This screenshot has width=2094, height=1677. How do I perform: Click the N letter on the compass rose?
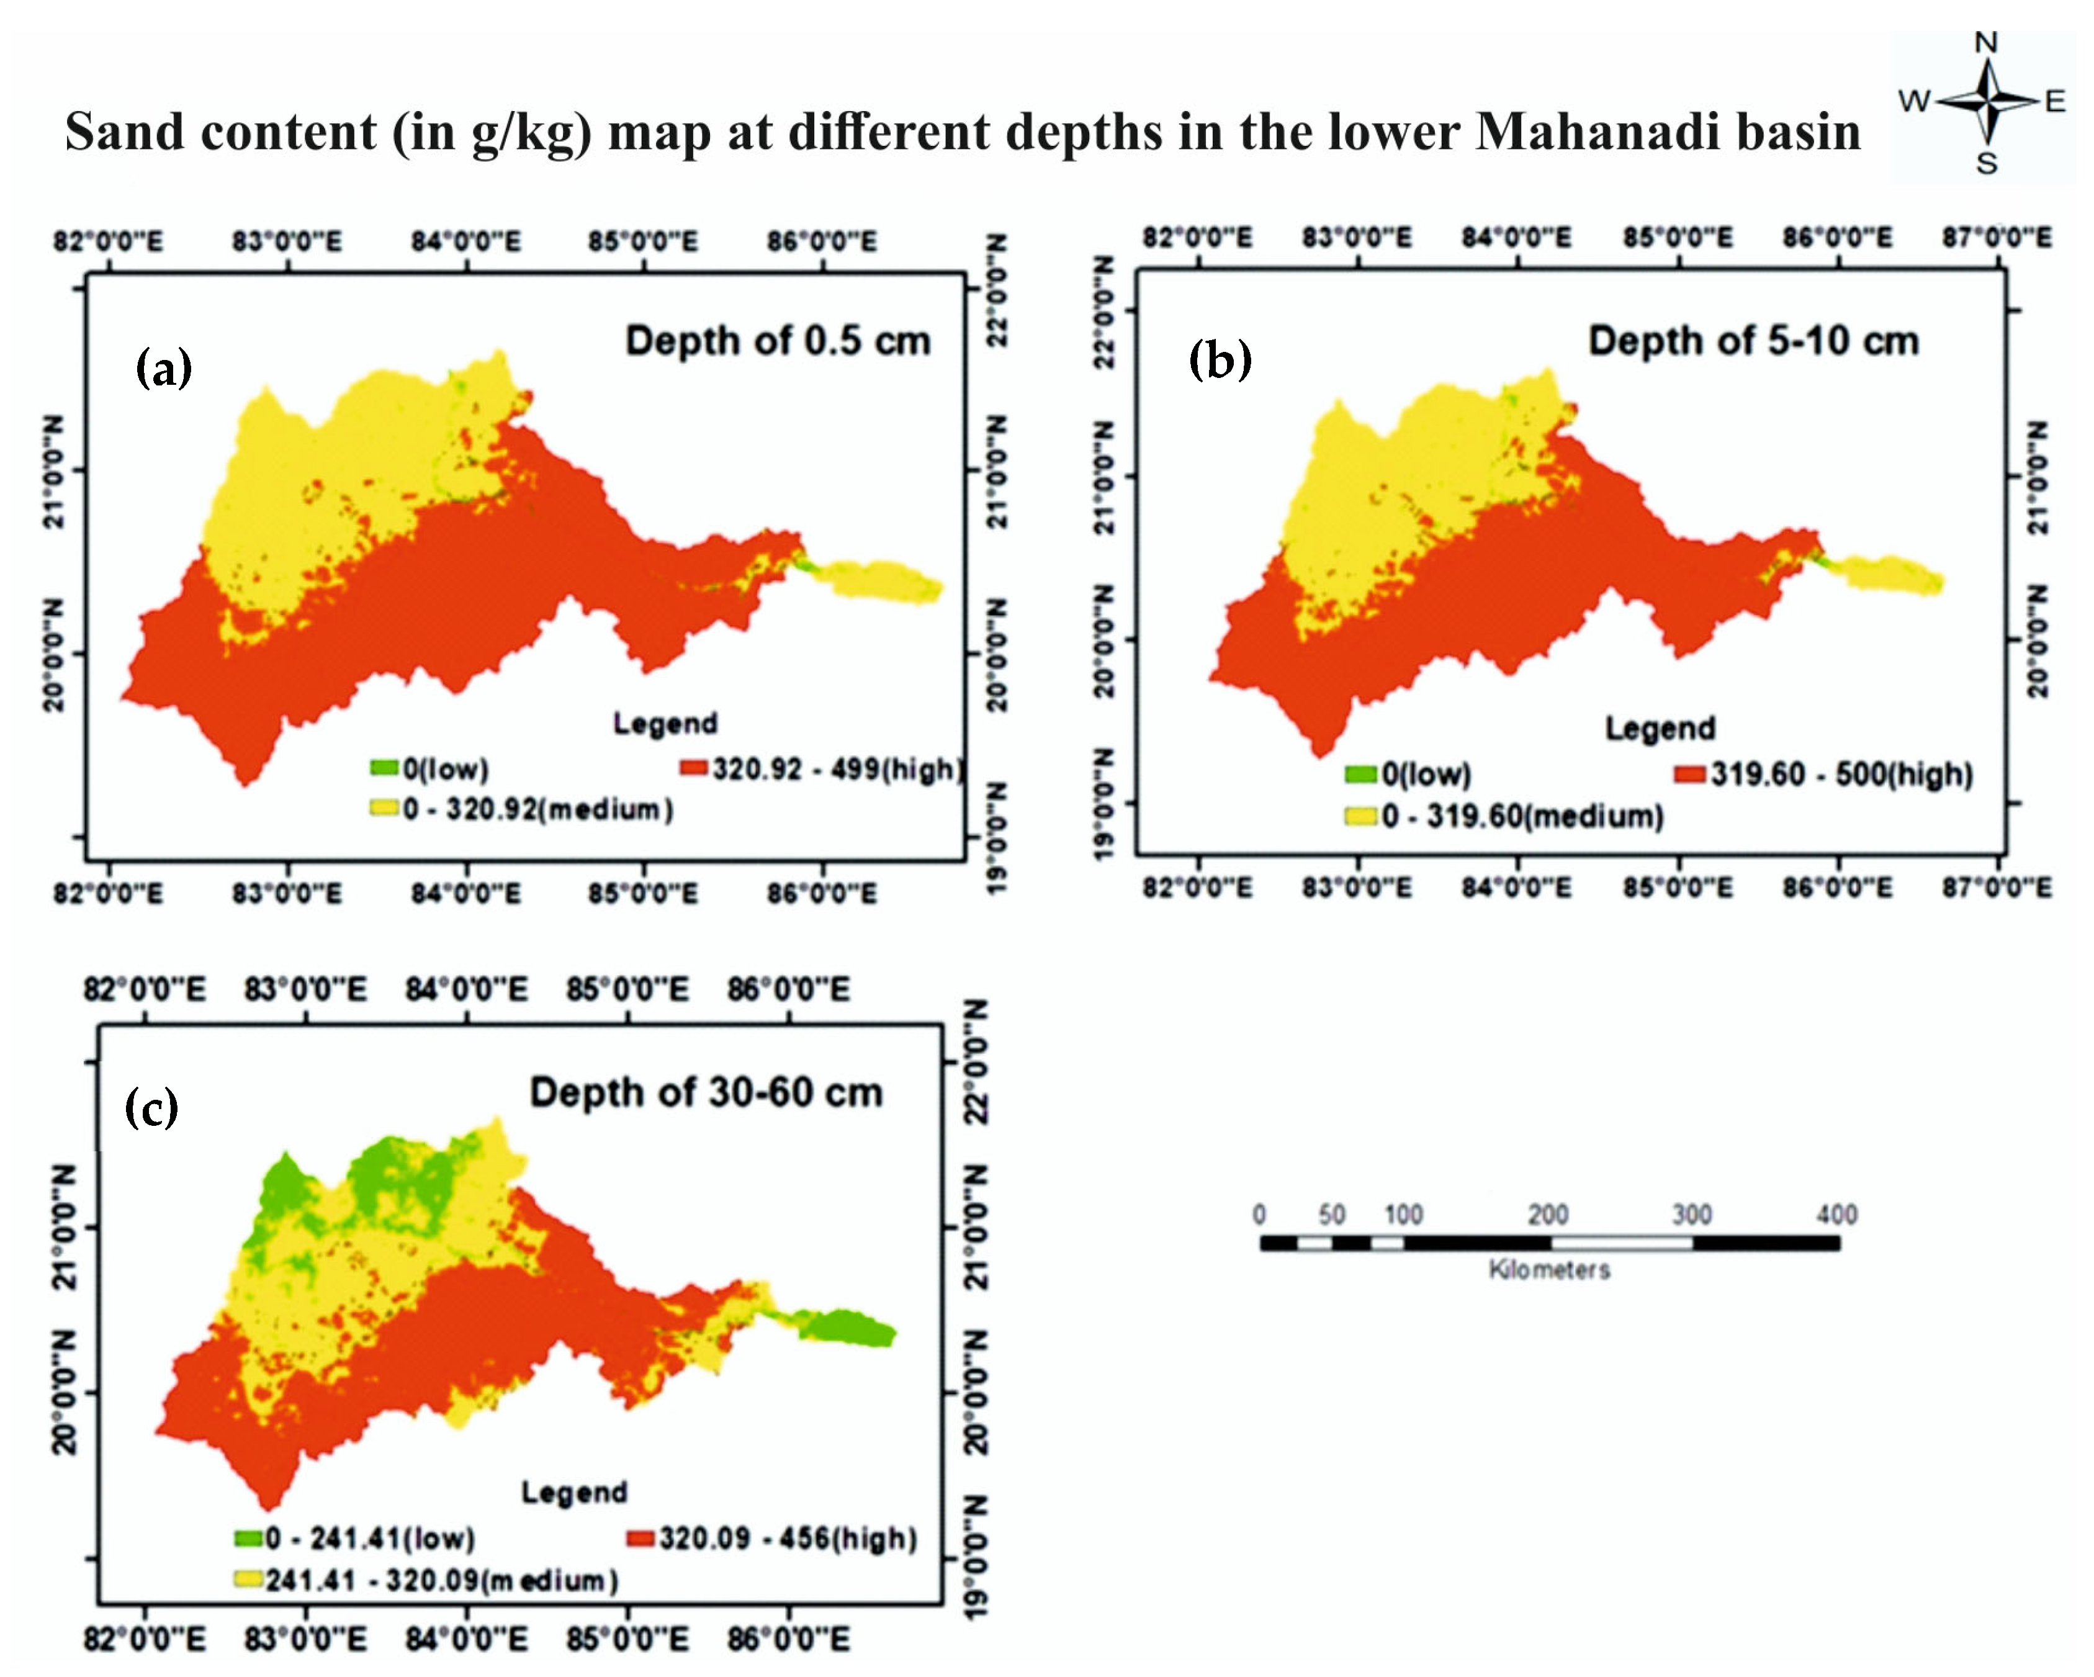click(x=1985, y=43)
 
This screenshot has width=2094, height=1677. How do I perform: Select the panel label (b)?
click(x=1220, y=360)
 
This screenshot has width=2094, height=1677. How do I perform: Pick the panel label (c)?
click(x=151, y=1107)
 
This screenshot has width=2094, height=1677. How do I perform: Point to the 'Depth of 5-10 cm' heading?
click(x=1753, y=341)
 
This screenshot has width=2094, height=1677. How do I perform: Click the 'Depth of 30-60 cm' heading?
click(x=706, y=1092)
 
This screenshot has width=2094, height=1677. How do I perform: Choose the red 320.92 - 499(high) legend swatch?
click(x=693, y=768)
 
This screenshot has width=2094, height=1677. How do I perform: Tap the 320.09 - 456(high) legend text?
click(x=788, y=1538)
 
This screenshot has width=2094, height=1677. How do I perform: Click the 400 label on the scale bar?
click(x=1836, y=1214)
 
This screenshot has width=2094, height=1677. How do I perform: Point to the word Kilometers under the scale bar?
click(x=1549, y=1269)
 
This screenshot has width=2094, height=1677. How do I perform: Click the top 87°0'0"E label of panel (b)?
click(x=1997, y=237)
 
